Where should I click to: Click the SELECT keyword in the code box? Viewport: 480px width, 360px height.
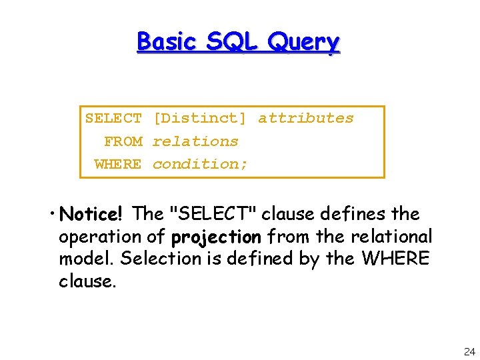click(x=113, y=119)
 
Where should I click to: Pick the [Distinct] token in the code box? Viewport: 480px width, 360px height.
click(x=199, y=119)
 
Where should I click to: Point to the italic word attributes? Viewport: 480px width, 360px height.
click(x=306, y=119)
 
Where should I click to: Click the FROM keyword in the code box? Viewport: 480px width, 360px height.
click(x=123, y=141)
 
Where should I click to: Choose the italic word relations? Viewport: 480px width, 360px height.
click(x=195, y=141)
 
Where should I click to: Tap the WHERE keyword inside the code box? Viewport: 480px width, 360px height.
click(x=118, y=164)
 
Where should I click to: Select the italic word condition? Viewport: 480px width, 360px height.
click(x=200, y=164)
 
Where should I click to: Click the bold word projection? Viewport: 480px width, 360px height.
click(x=216, y=237)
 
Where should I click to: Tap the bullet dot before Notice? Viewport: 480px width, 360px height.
click(x=52, y=215)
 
